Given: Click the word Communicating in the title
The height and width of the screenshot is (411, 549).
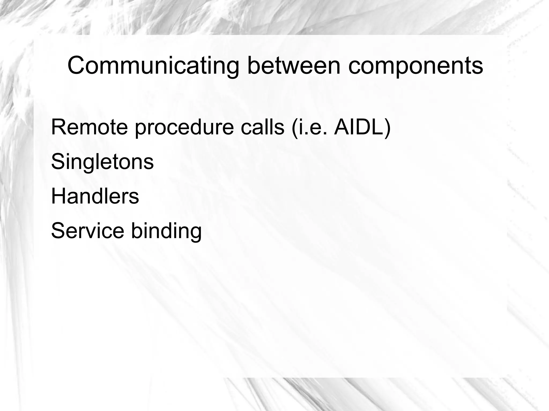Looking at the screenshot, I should coord(153,66).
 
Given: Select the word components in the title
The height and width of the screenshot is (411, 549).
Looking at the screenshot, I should coord(416,66).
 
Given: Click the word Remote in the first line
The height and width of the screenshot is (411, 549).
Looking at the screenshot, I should coord(89,127).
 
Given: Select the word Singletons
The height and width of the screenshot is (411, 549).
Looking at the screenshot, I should coord(102,162).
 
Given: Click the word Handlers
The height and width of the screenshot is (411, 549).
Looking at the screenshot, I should coord(95,196).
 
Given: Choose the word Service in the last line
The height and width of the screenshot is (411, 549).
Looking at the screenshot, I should coord(88,231).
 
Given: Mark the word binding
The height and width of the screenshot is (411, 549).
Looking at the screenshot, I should coord(166,231).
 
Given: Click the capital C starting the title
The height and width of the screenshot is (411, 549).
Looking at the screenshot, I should coord(76,66).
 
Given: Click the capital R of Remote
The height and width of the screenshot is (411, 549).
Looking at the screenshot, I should coord(58,127).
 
